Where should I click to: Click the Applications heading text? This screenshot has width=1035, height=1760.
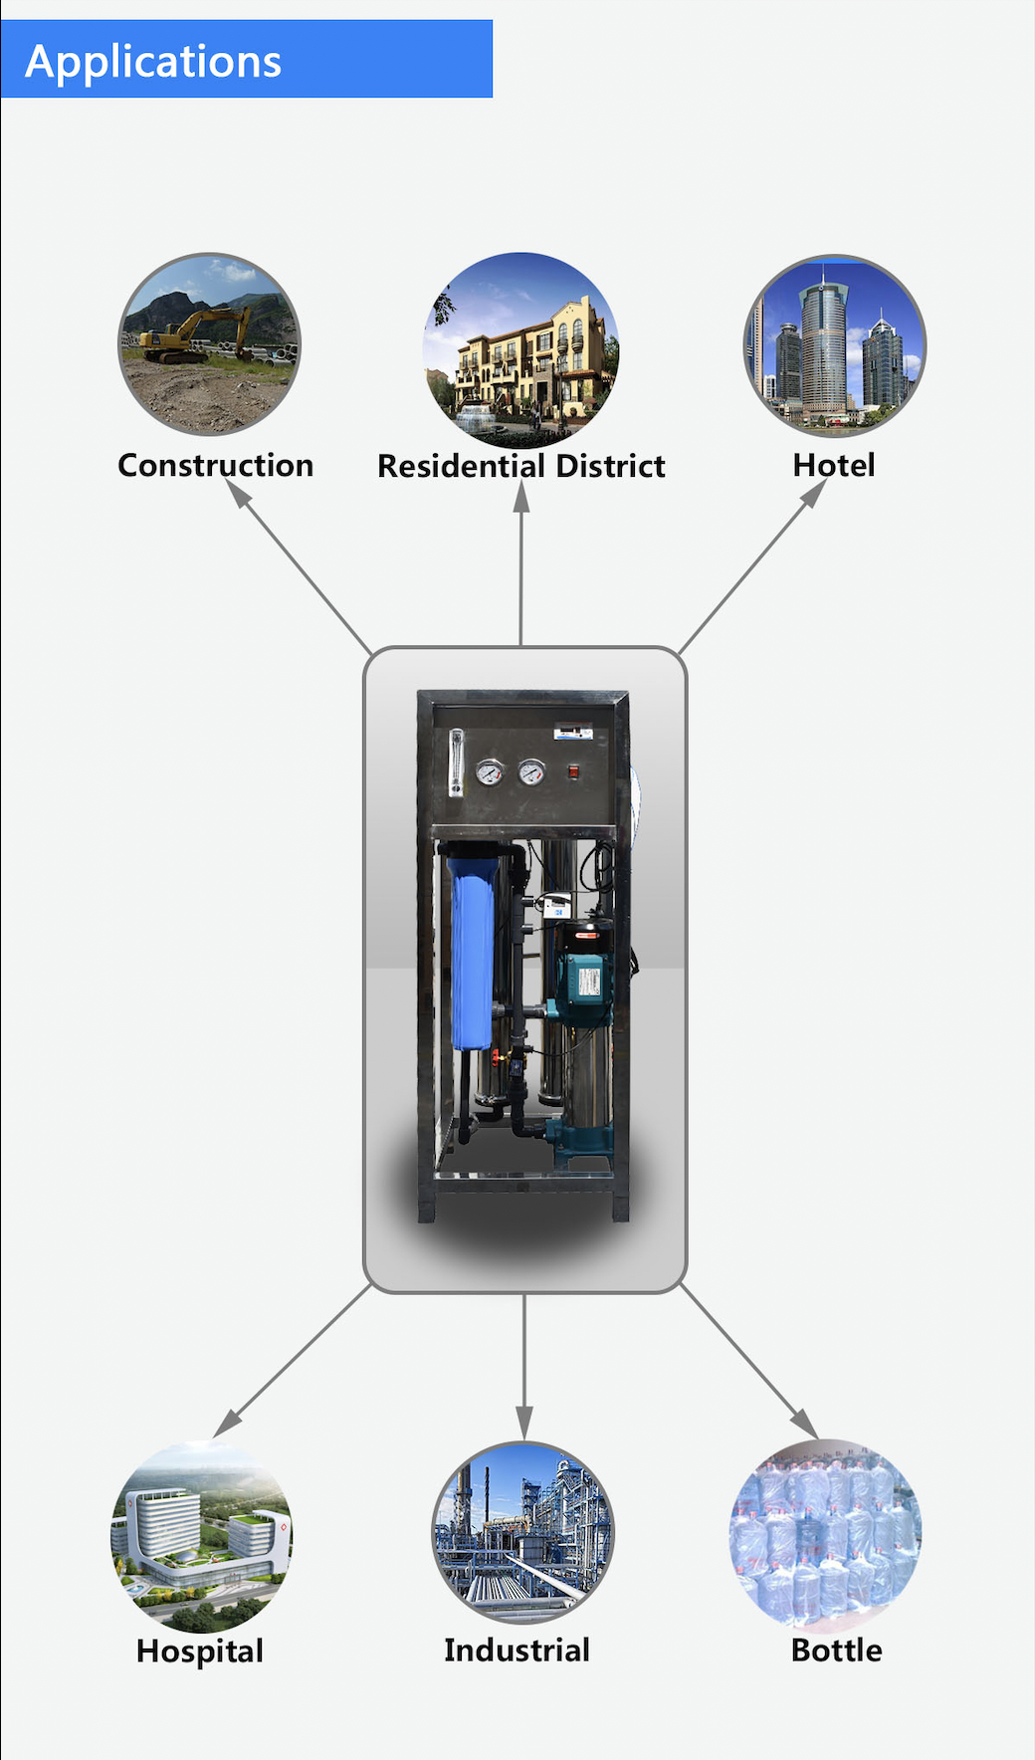(153, 62)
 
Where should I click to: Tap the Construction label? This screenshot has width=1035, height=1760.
(215, 465)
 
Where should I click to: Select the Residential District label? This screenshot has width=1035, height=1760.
(520, 466)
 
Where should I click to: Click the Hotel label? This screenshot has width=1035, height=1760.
(834, 465)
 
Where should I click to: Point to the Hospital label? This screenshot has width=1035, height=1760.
(199, 1650)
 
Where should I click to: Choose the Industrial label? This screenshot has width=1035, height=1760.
(517, 1650)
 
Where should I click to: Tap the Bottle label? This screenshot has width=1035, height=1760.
(836, 1650)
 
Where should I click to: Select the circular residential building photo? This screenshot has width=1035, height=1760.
(521, 348)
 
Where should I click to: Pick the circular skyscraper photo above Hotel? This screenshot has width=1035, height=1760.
(834, 345)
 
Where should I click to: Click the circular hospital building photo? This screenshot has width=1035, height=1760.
(201, 1536)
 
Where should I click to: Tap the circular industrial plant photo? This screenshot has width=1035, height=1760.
(522, 1534)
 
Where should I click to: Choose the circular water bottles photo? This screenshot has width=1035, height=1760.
(826, 1534)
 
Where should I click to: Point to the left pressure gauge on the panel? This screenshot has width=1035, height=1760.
(489, 771)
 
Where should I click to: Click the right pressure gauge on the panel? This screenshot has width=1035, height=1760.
(531, 771)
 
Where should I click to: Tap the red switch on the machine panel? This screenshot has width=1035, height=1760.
(573, 770)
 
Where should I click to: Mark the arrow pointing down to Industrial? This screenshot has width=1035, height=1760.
(524, 1364)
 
